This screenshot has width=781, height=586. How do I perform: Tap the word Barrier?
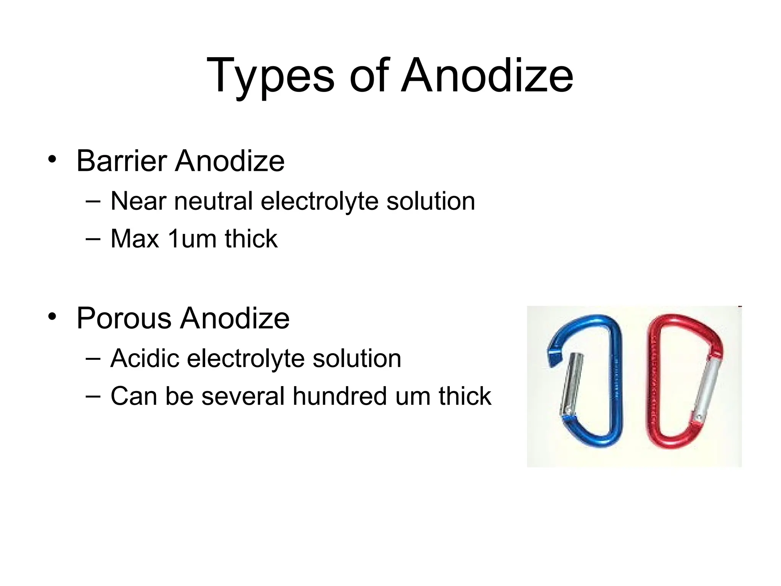122,161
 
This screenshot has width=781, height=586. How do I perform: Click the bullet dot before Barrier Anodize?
52,159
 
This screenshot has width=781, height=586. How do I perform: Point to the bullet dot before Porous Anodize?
52,317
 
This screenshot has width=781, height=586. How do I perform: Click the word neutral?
214,201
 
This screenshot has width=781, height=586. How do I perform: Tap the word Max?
135,239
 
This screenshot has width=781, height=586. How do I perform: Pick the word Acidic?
145,358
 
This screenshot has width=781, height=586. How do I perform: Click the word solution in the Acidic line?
357,358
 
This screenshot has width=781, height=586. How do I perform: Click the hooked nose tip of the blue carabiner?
553,359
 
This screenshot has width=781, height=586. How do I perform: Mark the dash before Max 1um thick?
93,239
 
